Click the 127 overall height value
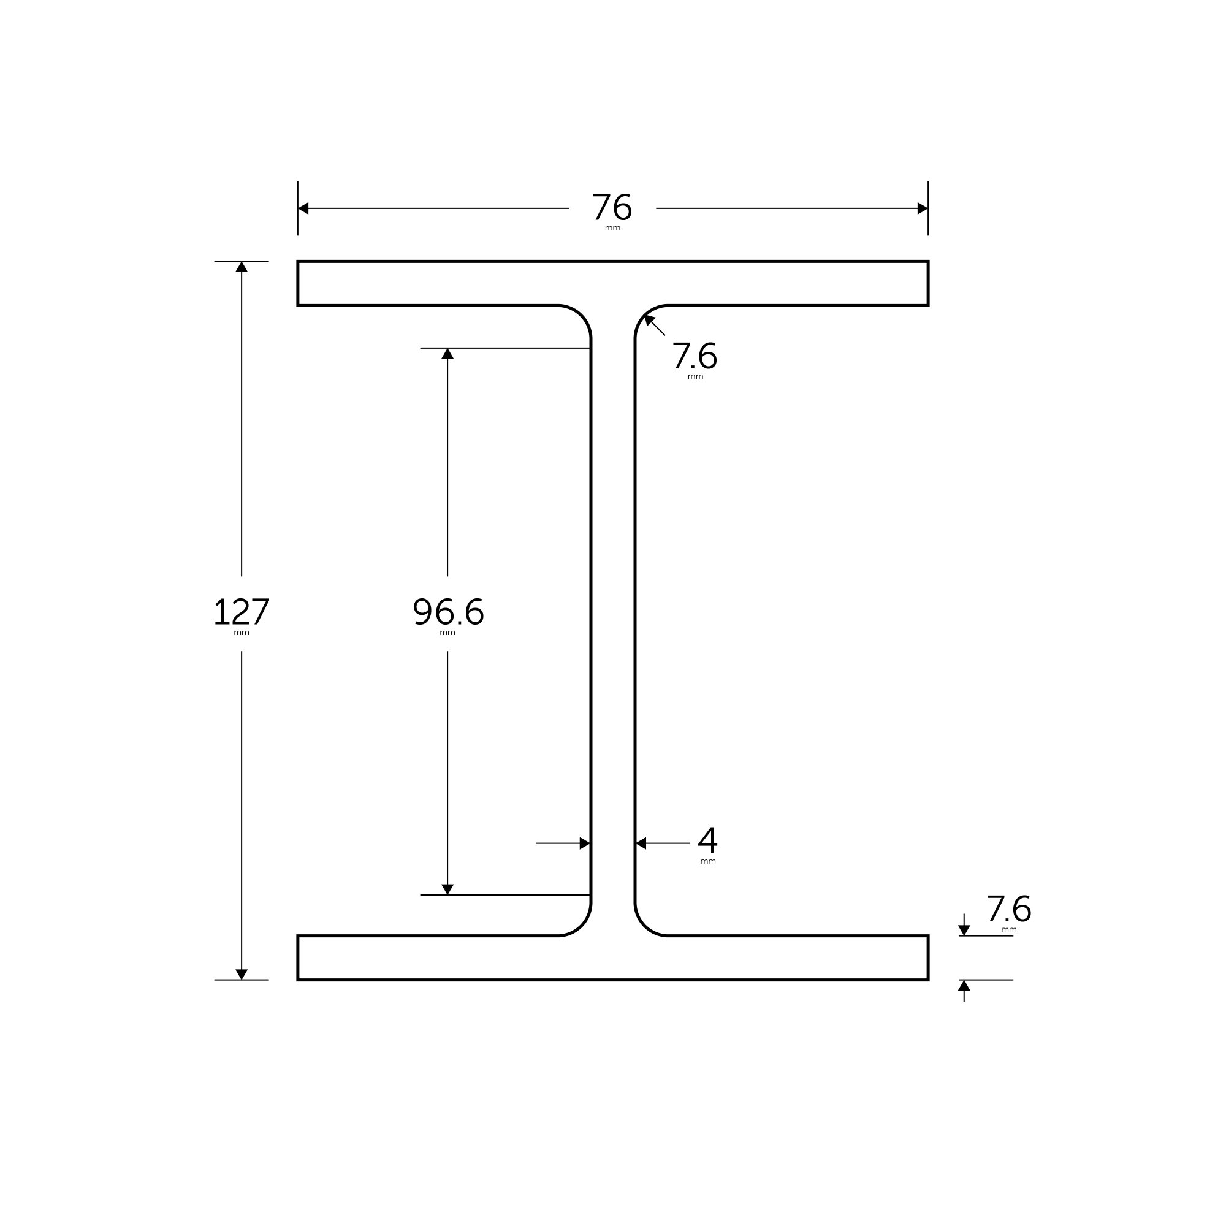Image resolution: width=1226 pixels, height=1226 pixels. click(242, 612)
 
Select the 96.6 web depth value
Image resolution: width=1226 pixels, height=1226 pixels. click(448, 612)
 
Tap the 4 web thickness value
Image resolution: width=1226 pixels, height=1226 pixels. click(707, 840)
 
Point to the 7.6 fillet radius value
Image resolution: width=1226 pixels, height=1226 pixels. click(695, 356)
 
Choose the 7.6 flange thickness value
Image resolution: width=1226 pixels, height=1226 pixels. click(1008, 908)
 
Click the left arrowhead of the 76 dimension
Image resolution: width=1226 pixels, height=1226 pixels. click(303, 208)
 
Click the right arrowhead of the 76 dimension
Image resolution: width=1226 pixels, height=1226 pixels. click(922, 208)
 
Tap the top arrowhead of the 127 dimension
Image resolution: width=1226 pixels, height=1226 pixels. click(242, 267)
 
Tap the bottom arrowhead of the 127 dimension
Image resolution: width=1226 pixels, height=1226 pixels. click(242, 974)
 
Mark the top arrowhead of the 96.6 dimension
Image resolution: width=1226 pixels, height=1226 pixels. click(447, 354)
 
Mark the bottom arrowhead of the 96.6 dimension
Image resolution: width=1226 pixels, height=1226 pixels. click(447, 889)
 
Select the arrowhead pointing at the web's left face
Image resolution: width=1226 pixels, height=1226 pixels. click(584, 843)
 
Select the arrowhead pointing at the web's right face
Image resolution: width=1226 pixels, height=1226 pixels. click(641, 843)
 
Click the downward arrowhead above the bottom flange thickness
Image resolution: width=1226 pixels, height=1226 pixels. click(964, 931)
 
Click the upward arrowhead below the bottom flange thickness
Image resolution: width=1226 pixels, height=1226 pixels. click(964, 986)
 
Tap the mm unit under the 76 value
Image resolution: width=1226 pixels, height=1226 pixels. click(612, 229)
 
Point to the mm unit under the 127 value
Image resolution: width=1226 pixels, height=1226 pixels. click(242, 633)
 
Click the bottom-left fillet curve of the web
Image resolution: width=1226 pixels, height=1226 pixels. click(581, 926)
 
